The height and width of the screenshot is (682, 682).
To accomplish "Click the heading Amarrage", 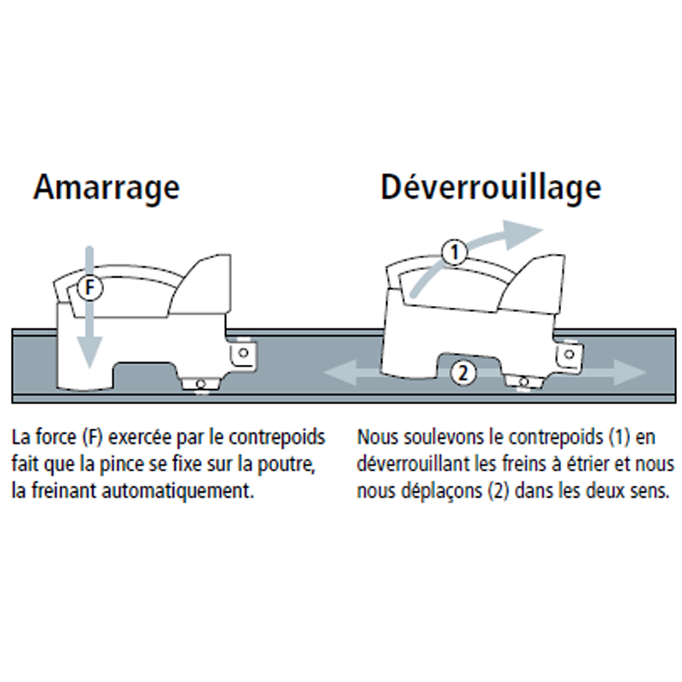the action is [107, 188].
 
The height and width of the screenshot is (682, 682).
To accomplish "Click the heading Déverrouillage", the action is [491, 188].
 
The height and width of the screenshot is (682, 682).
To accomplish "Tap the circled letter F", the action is [90, 287].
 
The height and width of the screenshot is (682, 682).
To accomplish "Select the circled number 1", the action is [454, 251].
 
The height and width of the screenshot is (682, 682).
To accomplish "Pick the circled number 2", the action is [463, 373].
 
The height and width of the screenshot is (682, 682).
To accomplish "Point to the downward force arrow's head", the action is [90, 352].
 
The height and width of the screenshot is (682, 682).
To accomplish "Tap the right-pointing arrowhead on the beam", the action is [629, 373].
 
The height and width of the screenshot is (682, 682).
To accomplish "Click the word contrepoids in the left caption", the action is [277, 437].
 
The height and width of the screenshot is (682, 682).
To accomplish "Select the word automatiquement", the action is [178, 491].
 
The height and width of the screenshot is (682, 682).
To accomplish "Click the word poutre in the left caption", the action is [286, 465].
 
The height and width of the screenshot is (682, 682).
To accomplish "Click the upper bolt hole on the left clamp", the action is [244, 353].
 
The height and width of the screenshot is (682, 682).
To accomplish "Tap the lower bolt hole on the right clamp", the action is [523, 382].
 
